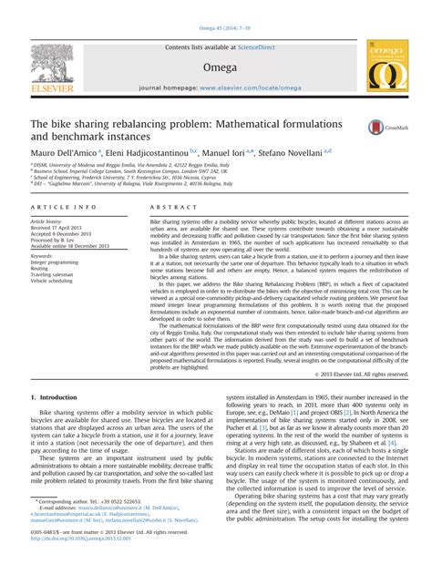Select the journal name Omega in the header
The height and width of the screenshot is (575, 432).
point(216,66)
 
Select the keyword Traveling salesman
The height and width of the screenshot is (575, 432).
point(56,276)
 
